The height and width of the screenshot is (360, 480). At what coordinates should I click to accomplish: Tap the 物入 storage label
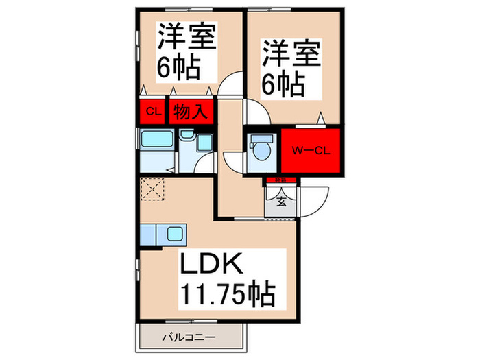pos(189,111)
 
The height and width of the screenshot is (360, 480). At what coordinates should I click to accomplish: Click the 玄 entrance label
pos(282,202)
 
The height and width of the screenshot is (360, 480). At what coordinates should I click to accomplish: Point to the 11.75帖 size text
pos(227,295)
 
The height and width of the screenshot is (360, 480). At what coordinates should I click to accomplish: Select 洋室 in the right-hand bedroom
pos(291,53)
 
